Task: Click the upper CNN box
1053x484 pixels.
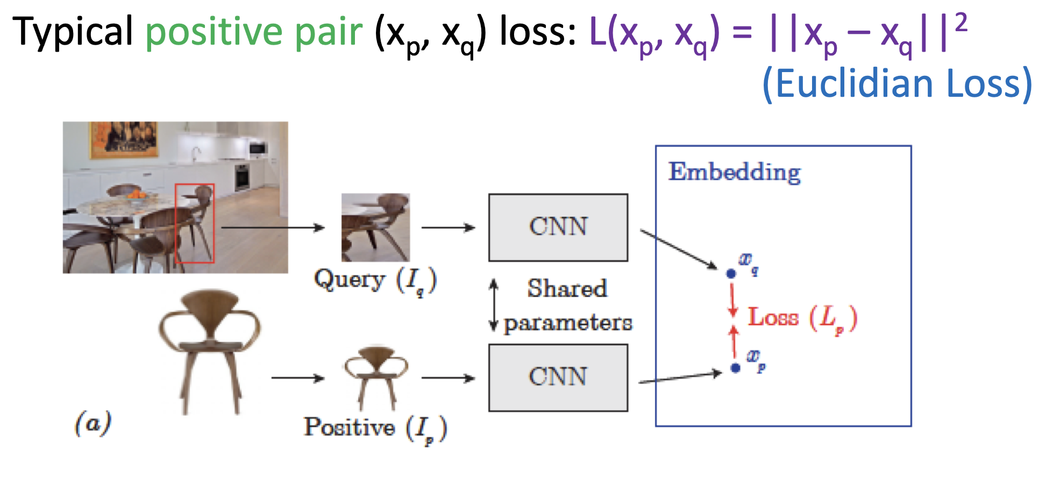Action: point(558,227)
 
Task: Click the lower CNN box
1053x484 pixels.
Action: point(558,378)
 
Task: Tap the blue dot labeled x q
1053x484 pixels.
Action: point(731,274)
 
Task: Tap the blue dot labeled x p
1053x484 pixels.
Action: point(735,368)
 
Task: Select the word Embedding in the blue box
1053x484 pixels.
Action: point(734,173)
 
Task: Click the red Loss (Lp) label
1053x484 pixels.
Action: point(801,318)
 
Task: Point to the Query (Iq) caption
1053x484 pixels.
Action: point(375,281)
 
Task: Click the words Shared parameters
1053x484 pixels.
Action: point(567,305)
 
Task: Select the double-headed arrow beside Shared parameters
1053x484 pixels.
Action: point(493,305)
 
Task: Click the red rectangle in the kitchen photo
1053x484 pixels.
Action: point(195,223)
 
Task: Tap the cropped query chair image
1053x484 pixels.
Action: point(375,227)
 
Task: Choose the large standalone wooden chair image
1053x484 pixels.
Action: point(209,350)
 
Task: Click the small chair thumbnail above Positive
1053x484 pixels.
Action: point(376,376)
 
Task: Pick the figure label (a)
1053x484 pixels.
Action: point(93,423)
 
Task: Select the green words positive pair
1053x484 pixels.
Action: point(254,32)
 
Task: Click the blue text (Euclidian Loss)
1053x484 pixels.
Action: point(897,84)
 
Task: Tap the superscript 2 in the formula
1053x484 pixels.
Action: point(960,23)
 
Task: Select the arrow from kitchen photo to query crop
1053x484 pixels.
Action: point(273,227)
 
